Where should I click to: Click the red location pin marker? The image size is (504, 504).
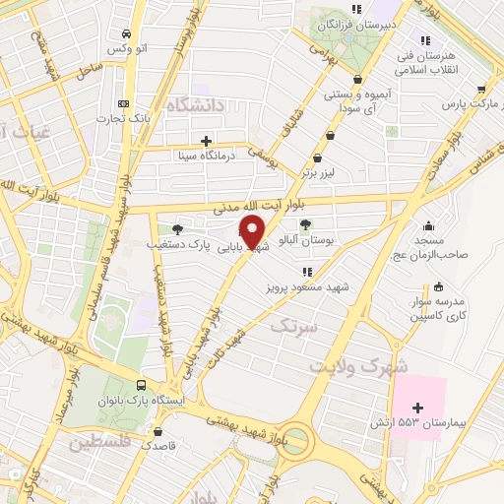coord(253,231)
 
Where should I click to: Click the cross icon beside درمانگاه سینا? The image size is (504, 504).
coord(206,140)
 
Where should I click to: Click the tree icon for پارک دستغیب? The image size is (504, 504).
coord(176,228)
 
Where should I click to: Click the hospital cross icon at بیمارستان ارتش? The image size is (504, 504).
coord(418,408)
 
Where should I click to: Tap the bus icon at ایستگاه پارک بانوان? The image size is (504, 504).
coord(141,386)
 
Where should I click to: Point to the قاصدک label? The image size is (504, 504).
coord(158,445)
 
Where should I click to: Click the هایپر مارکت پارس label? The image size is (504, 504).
coord(465,102)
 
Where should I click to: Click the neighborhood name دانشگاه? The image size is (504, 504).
coord(196,104)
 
